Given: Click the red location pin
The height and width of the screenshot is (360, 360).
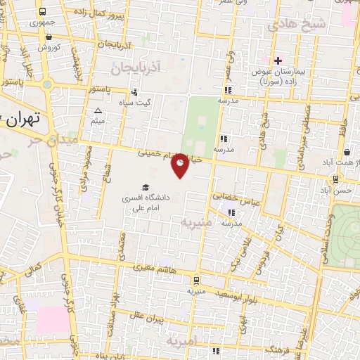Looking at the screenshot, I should pyautogui.click(x=181, y=165).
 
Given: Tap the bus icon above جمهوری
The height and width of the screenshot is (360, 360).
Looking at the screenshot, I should pyautogui.click(x=43, y=12).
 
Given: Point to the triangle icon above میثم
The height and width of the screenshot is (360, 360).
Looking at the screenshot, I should pyautogui.click(x=98, y=111).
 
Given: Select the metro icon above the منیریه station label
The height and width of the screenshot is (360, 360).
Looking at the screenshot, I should pyautogui.click(x=195, y=279).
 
